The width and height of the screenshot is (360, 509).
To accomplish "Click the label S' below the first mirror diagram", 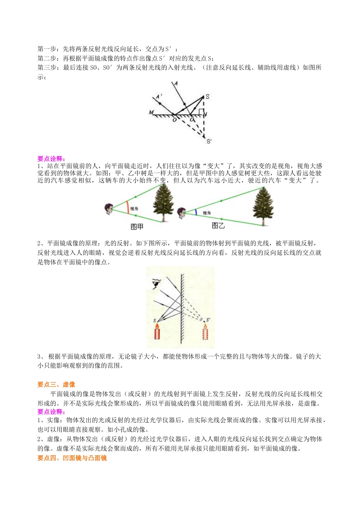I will [209, 141].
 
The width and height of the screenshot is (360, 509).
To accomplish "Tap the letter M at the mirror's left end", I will [152, 112].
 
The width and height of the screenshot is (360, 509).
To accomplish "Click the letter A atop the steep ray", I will [176, 83].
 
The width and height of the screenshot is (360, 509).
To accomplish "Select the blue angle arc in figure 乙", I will [196, 212].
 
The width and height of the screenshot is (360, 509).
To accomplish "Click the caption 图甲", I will [137, 227].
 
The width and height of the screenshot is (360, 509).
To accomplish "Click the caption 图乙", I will [218, 226].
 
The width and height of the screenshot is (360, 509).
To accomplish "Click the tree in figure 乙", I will [263, 205].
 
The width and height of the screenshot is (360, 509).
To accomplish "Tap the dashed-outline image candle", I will [206, 334].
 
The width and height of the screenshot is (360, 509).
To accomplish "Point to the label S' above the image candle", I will [208, 320].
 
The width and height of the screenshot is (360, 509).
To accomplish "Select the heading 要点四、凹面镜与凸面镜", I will [72, 458].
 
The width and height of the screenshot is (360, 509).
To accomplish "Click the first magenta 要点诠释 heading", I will [51, 159].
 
